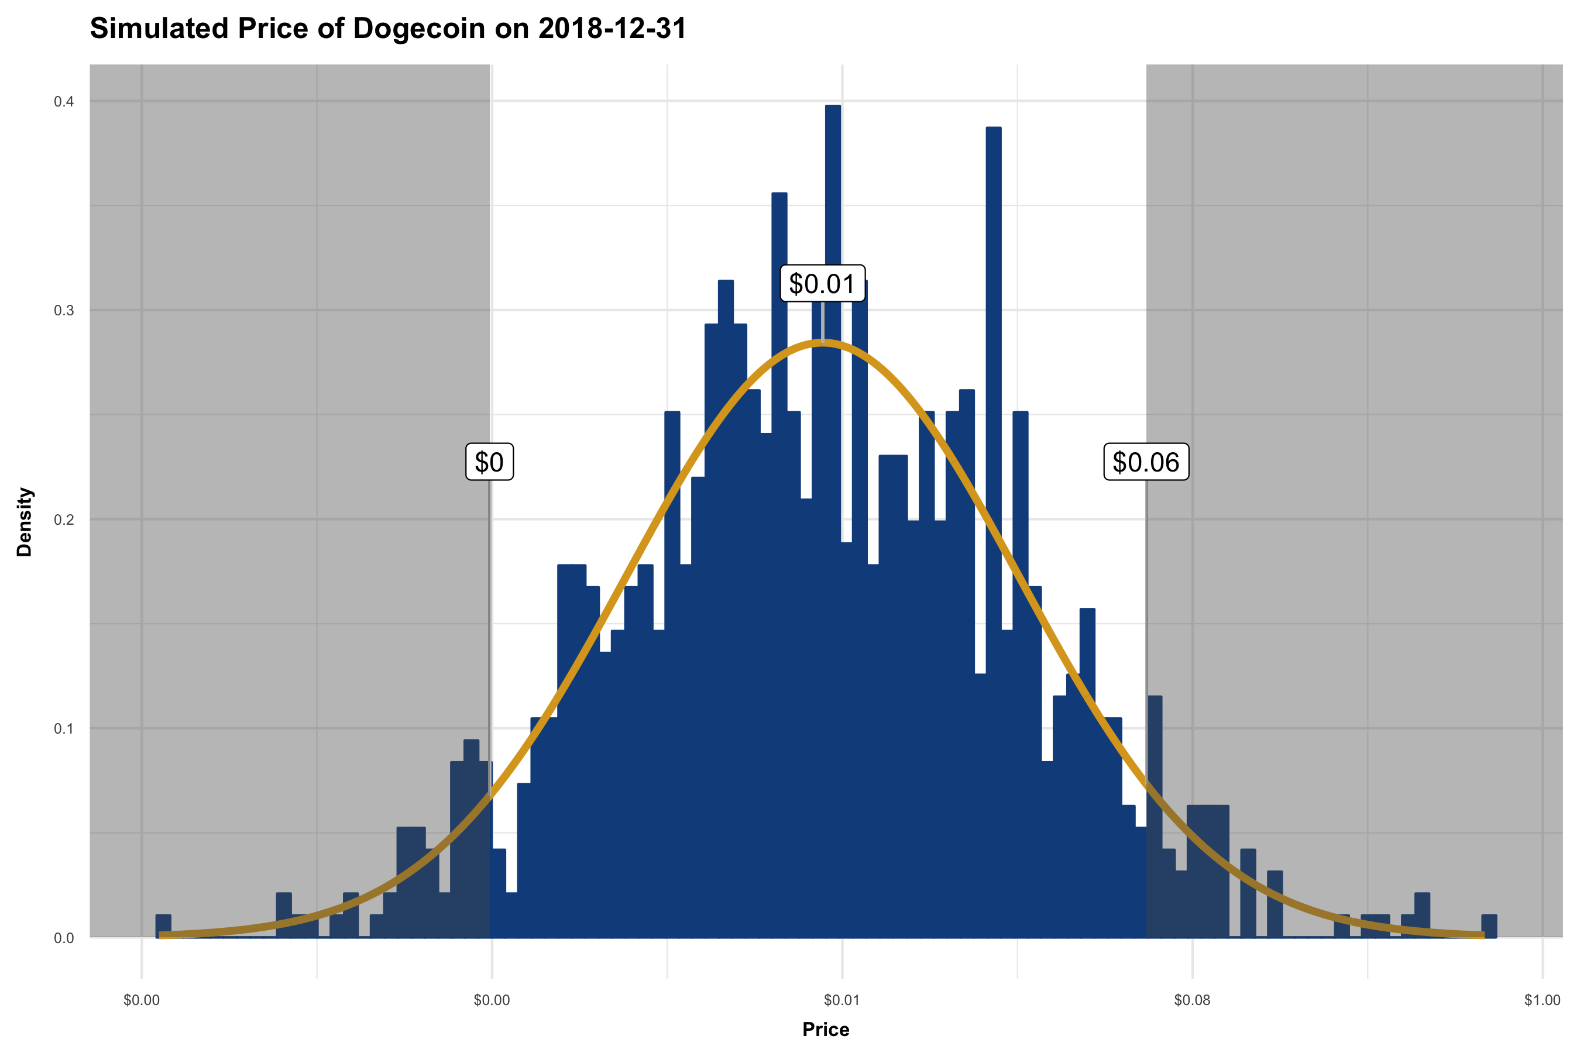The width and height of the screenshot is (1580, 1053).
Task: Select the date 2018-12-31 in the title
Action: point(612,29)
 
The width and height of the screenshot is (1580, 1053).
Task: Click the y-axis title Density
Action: point(25,522)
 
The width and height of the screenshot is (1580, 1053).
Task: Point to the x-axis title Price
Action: point(826,1030)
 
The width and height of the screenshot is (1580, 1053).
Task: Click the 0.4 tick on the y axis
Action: point(64,101)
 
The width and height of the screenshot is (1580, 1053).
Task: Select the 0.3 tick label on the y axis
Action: point(64,310)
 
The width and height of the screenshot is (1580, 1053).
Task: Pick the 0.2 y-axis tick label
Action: point(64,519)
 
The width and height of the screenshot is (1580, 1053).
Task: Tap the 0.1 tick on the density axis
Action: point(64,729)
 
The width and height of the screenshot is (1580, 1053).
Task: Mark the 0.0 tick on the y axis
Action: point(64,938)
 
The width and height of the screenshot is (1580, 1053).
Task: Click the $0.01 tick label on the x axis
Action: point(841,1000)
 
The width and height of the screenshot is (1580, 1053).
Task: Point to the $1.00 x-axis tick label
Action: point(1543,1000)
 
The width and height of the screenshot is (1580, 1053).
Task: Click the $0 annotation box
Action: point(489,462)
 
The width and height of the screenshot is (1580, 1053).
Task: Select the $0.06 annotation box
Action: point(1146,462)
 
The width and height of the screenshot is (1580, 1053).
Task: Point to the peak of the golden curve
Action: point(822,342)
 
